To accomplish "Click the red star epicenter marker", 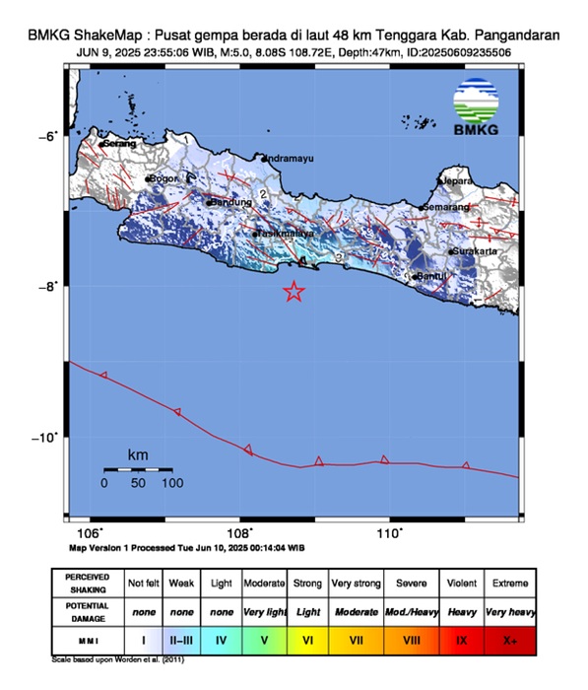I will click(294, 291).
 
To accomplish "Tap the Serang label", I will click(118, 144).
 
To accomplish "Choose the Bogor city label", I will click(163, 178).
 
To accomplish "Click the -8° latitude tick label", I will click(50, 287).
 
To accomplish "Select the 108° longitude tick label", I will click(239, 533).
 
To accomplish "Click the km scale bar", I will click(138, 469).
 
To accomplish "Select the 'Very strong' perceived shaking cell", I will click(356, 582).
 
